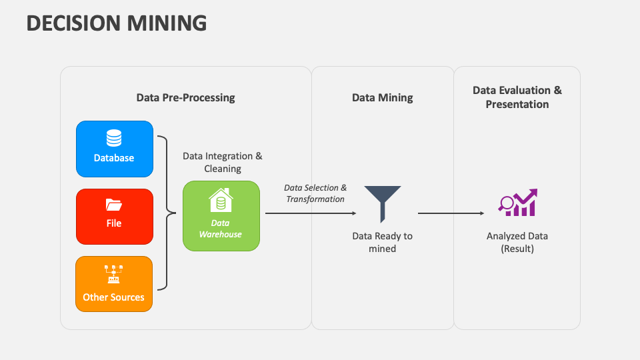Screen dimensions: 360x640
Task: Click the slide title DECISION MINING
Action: pos(117,23)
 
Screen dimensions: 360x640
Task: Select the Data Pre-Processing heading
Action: pos(185,97)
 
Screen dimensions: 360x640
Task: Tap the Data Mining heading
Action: pos(382,97)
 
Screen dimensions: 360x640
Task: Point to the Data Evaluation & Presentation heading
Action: pos(517,97)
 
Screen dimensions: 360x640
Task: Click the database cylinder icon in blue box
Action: pos(114,138)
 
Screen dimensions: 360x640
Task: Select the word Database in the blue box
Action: pos(114,158)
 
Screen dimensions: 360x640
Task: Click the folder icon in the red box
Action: pos(114,205)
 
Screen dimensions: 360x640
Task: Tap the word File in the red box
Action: pos(114,223)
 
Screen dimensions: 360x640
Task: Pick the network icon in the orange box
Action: pos(114,273)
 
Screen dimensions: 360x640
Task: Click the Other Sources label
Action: pos(114,297)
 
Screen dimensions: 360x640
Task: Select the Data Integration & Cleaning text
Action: pos(223,162)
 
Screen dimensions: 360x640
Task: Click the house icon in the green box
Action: pos(221,200)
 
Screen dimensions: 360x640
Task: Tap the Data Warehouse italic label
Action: pos(221,229)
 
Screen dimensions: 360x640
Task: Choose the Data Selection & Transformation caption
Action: pos(315,193)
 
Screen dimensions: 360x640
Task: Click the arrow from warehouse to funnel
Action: pos(310,213)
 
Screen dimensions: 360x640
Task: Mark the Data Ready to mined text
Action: pos(383,242)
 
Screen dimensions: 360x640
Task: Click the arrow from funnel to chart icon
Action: pos(451,213)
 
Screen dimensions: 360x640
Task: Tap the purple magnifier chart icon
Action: pos(518,203)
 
